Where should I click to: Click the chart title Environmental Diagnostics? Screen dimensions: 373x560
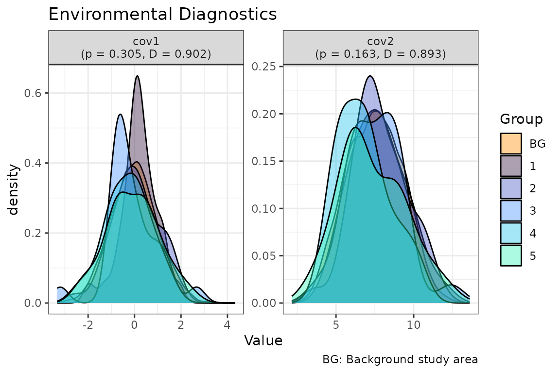point(162,14)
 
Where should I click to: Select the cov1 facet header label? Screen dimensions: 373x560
point(146,47)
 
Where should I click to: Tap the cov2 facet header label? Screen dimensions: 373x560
point(381,47)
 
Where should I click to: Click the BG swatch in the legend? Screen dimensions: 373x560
point(511,143)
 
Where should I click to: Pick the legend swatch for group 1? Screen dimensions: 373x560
point(511,166)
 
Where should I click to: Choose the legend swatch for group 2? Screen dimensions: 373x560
point(511,188)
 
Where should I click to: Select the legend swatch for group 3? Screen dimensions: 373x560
point(511,210)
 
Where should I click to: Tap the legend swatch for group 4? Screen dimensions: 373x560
point(511,233)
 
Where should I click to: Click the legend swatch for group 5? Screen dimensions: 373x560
point(511,255)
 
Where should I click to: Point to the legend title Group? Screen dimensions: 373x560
point(522,119)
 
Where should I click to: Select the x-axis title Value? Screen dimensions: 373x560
point(263,341)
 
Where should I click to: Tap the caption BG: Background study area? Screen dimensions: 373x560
point(400,360)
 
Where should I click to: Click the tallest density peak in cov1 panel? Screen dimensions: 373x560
point(138,76)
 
